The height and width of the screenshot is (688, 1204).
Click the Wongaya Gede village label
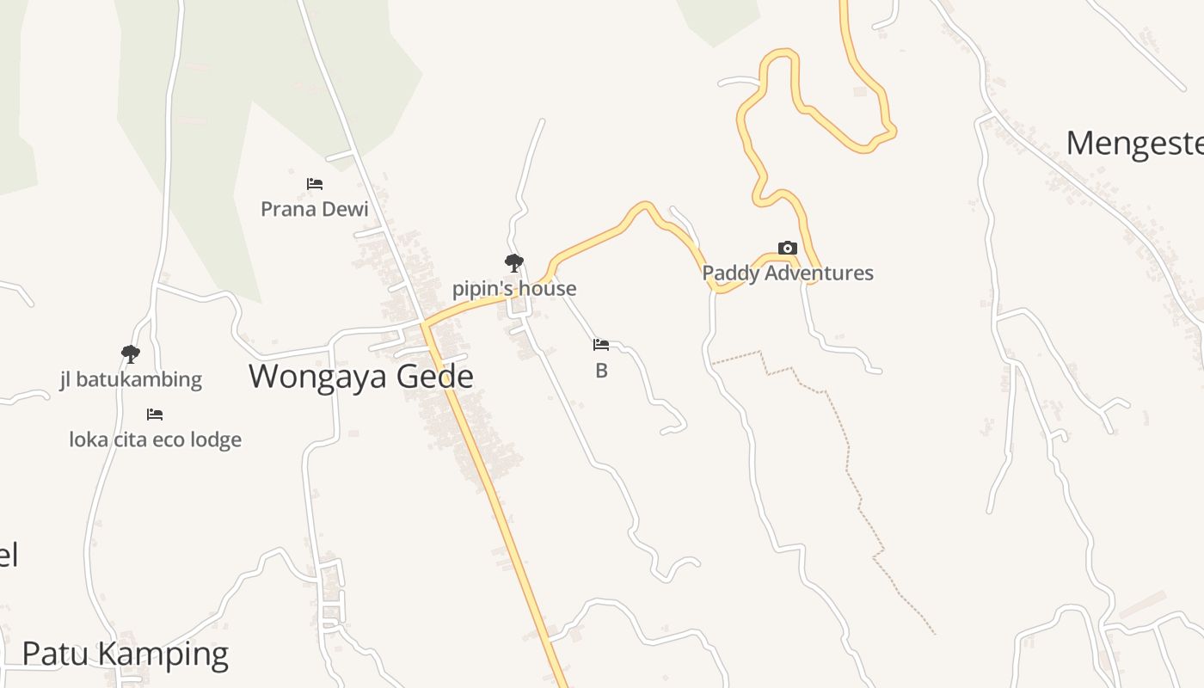(x=360, y=377)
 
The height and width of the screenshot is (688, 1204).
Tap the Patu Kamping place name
(x=125, y=654)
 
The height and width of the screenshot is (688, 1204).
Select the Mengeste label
(x=1134, y=143)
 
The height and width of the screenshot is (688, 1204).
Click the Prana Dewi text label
(x=314, y=209)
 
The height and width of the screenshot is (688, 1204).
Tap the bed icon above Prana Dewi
(x=315, y=184)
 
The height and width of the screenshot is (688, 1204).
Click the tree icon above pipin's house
(x=514, y=263)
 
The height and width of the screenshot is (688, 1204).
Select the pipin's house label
(x=514, y=289)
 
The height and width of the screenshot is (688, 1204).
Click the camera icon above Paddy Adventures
(x=787, y=249)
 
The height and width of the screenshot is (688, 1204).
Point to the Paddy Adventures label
(x=788, y=273)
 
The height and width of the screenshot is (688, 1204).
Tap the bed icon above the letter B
(x=601, y=345)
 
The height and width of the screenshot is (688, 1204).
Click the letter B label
(x=601, y=372)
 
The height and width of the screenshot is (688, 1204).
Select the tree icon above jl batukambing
(x=131, y=353)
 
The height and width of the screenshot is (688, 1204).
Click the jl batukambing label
(x=131, y=379)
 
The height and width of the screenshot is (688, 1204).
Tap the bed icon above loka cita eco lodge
(x=155, y=415)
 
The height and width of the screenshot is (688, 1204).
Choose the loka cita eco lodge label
(x=155, y=440)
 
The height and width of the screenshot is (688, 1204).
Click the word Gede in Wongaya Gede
(x=434, y=377)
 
